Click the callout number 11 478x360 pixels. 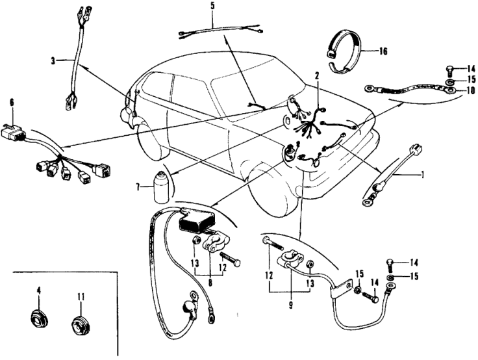(x=81, y=298)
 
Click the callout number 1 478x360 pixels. (x=423, y=174)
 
